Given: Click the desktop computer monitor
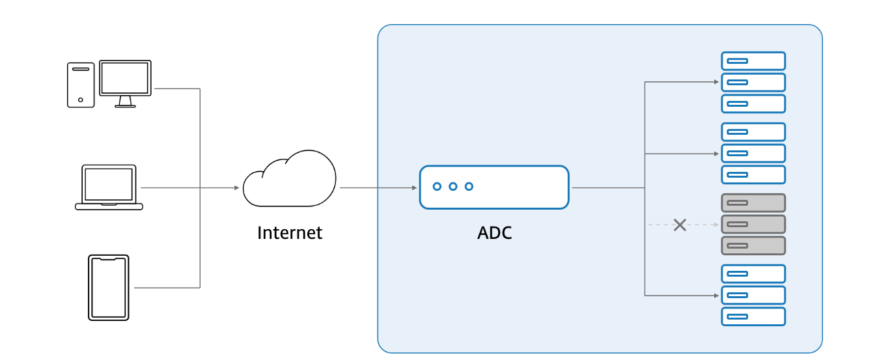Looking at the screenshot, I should pyautogui.click(x=125, y=78).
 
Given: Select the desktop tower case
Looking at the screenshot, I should pyautogui.click(x=81, y=85).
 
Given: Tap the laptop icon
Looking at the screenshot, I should pyautogui.click(x=109, y=187).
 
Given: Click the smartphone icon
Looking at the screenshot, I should pyautogui.click(x=109, y=288).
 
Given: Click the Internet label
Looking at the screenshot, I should pyautogui.click(x=290, y=233).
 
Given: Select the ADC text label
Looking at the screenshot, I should pyautogui.click(x=494, y=233).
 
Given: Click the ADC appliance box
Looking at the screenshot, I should pyautogui.click(x=494, y=187).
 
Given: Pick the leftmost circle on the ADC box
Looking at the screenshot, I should pyautogui.click(x=437, y=187).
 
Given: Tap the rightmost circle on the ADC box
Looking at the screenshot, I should pyautogui.click(x=469, y=187).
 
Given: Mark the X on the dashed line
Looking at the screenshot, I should pyautogui.click(x=680, y=225).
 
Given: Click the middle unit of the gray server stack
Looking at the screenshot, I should pyautogui.click(x=753, y=225).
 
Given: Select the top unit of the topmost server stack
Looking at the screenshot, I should pyautogui.click(x=753, y=61).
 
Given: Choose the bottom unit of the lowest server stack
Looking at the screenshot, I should pyautogui.click(x=753, y=317).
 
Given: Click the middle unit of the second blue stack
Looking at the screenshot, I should pyautogui.click(x=753, y=154).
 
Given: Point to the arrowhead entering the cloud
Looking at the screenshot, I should pyautogui.click(x=237, y=188).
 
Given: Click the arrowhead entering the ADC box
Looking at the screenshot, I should pyautogui.click(x=414, y=188).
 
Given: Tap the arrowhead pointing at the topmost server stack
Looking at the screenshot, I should pyautogui.click(x=716, y=83).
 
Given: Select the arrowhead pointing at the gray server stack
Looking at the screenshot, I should pyautogui.click(x=716, y=225).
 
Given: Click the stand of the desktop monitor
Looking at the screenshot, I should pyautogui.click(x=125, y=102).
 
